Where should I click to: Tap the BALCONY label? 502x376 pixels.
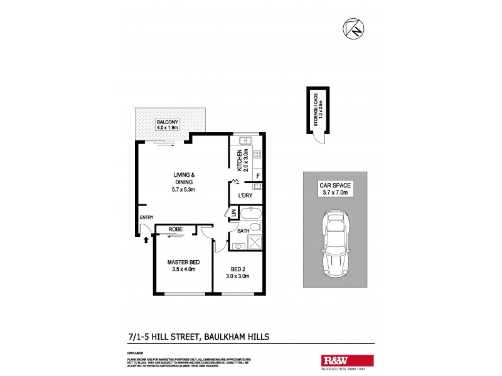(x=167, y=122)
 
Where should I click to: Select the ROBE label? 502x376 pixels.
(x=175, y=230)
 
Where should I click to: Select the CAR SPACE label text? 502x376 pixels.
(x=334, y=185)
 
